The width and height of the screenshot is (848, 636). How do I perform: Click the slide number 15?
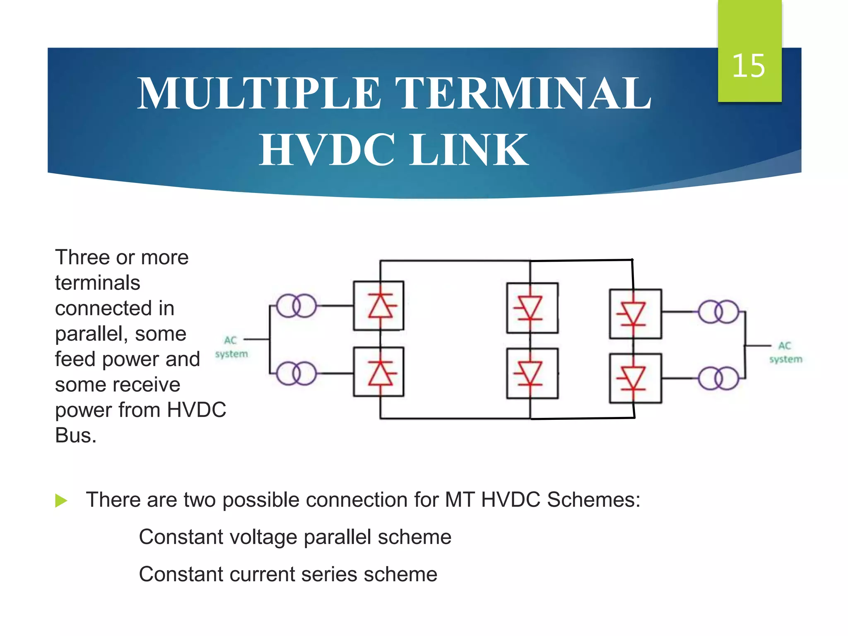(x=748, y=66)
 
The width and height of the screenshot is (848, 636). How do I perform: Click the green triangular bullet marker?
(x=61, y=500)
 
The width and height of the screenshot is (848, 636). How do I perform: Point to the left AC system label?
(x=231, y=347)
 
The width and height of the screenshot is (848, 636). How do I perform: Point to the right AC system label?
(x=785, y=352)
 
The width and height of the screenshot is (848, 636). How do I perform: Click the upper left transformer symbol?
(x=296, y=306)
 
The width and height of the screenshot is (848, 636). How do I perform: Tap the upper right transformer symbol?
(x=718, y=312)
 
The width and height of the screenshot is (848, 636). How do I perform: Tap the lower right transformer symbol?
(x=718, y=378)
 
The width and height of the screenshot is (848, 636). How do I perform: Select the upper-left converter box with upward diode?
(x=378, y=306)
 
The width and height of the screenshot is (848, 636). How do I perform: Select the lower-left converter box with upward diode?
(x=378, y=372)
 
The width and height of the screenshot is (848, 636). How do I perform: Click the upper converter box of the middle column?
(x=532, y=308)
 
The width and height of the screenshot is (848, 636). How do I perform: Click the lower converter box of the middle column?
(x=532, y=373)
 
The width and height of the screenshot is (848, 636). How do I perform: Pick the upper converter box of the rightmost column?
(x=635, y=314)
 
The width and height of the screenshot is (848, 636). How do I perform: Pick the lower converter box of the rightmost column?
(x=635, y=378)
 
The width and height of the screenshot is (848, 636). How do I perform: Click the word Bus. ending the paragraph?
(x=76, y=436)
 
